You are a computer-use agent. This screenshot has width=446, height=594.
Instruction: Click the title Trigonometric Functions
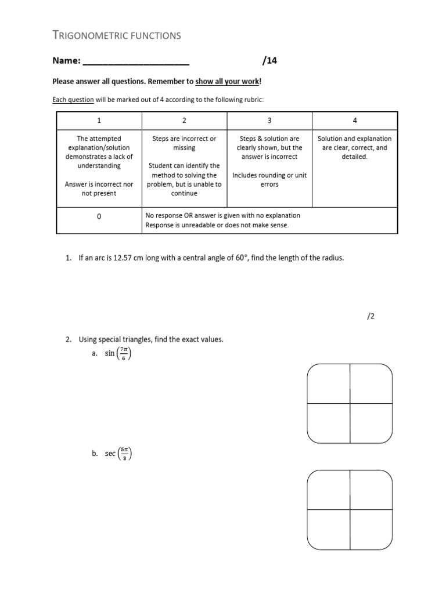pos(117,35)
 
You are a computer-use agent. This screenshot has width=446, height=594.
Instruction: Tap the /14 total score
pos(270,60)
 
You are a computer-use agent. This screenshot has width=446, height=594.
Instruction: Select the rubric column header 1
pos(99,120)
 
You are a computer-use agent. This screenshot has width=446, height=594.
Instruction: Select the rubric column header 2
pos(184,120)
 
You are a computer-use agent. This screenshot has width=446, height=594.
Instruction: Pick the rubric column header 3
pos(269,120)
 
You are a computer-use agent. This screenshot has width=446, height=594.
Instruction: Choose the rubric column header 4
pos(355,120)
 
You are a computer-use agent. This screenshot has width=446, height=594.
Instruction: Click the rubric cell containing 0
pos(99,216)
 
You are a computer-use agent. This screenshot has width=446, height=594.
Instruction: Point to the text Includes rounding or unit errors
pos(269,179)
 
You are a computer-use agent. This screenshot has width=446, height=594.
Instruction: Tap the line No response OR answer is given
pos(222,215)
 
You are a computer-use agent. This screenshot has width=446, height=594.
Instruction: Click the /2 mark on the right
pos(372,317)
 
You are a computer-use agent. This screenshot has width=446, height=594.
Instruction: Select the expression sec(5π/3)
pos(118,455)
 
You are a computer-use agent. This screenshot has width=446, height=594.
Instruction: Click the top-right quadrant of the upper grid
pos(371,383)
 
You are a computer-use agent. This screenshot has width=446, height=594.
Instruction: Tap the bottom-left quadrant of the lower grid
pos(328,530)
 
